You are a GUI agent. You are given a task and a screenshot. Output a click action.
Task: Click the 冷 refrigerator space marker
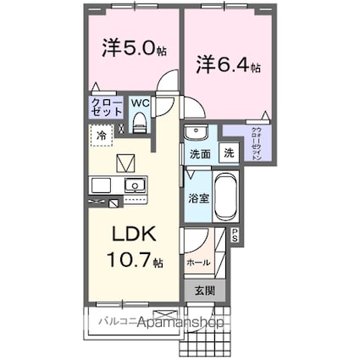102,134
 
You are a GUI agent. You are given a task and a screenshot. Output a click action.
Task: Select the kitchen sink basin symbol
134,186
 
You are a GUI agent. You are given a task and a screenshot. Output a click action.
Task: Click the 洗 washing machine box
229,153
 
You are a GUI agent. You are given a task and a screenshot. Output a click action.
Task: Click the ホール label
198,263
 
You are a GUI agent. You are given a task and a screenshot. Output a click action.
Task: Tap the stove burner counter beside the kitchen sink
102,186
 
